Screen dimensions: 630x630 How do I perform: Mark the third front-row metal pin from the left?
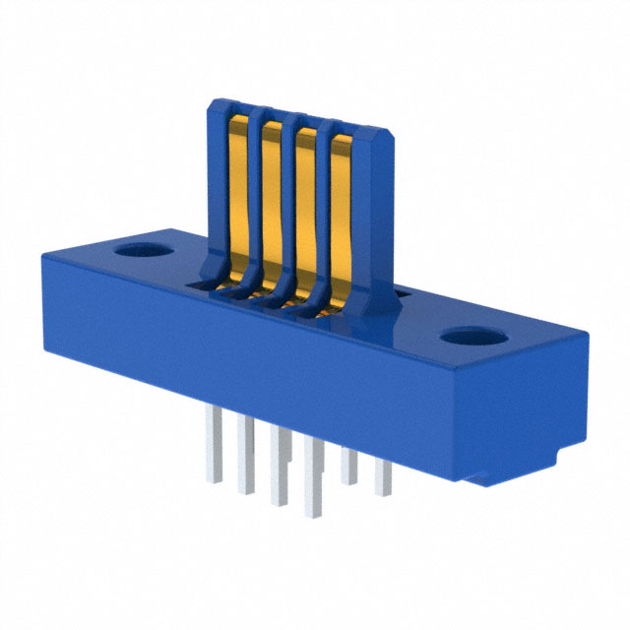click(x=280, y=468)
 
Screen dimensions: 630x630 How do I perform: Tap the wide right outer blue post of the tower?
click(x=372, y=226)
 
